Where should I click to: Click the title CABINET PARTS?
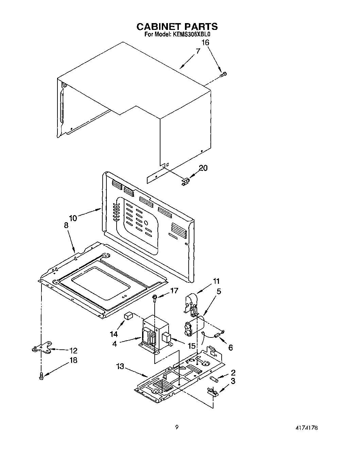click(177, 27)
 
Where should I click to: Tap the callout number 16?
click(205, 42)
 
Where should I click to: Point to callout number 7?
click(198, 51)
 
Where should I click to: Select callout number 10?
click(73, 218)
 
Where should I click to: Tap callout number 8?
click(66, 226)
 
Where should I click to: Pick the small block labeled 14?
click(128, 316)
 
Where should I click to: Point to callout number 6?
click(230, 347)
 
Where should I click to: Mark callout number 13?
click(120, 367)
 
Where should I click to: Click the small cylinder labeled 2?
click(214, 378)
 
